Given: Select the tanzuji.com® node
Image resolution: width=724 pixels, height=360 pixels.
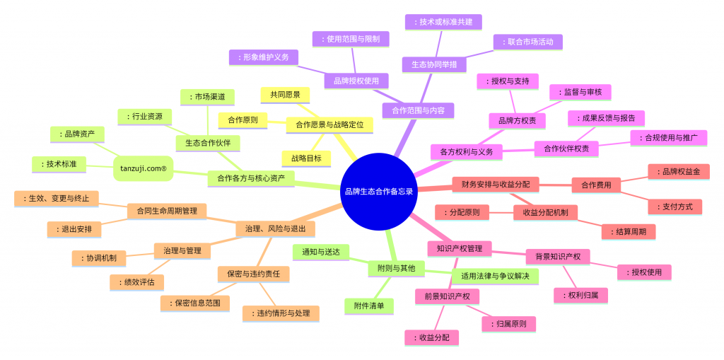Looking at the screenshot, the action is [x=143, y=168].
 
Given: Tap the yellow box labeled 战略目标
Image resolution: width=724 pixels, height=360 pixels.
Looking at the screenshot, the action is [x=307, y=158].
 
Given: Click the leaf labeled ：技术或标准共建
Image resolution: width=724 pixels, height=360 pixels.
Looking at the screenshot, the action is [x=443, y=22].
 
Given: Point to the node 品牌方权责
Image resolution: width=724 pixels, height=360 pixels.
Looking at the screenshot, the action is [x=518, y=121].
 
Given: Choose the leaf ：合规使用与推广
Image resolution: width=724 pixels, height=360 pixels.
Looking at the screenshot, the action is [x=669, y=138].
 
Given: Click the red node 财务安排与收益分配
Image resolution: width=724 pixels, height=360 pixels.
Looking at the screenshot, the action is [x=496, y=185].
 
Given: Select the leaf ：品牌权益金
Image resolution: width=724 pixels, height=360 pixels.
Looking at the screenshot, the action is [x=678, y=171].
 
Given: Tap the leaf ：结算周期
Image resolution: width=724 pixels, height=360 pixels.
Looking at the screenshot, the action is [x=629, y=231].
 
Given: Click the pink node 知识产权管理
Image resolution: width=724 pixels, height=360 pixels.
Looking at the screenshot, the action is [x=460, y=249].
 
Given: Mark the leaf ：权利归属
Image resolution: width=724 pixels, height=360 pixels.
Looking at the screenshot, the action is [x=581, y=295].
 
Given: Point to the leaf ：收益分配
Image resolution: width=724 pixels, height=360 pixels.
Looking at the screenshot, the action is [x=432, y=337].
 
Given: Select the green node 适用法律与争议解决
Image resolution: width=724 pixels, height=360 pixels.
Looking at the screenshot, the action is [x=495, y=276].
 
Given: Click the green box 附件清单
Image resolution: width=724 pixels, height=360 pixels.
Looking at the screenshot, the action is [x=369, y=306].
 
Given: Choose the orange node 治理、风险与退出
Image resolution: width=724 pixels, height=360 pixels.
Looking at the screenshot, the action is [x=276, y=228].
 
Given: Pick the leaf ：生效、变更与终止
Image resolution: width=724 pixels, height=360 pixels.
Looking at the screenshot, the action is [x=57, y=199].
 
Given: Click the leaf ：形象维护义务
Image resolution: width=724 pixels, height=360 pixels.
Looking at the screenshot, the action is [x=264, y=57].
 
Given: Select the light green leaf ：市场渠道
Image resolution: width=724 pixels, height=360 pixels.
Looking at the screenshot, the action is [x=208, y=97].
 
